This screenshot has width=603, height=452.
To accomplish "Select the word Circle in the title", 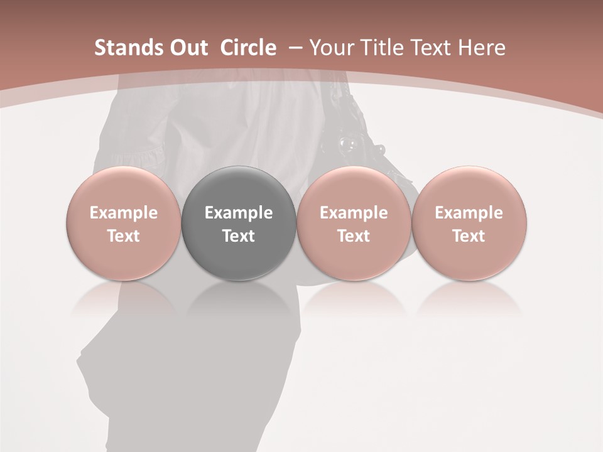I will (248, 48).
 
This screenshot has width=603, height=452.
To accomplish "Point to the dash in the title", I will (295, 48).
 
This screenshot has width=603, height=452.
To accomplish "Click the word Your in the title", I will (332, 48).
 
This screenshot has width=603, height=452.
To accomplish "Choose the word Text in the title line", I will (435, 48).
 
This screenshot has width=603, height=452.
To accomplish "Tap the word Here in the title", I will (483, 48).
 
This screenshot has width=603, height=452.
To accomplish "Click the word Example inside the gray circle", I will (239, 213).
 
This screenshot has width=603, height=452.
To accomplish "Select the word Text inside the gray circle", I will (239, 236).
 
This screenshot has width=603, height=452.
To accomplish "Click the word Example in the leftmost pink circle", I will (124, 213).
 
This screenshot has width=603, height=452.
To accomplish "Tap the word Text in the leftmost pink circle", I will (124, 236).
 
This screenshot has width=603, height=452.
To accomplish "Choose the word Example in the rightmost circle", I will (469, 213).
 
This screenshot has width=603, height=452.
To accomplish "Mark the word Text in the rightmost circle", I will (469, 236).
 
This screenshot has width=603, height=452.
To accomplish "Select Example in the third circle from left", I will (354, 213).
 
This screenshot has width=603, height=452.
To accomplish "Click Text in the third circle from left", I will (354, 236).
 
